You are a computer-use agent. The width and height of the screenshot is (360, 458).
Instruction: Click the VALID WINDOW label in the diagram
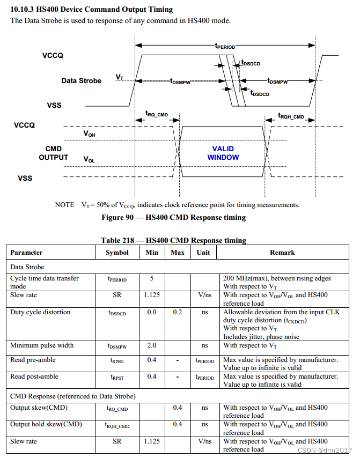click(223, 153)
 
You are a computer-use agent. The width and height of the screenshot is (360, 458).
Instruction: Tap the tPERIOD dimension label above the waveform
click(225, 47)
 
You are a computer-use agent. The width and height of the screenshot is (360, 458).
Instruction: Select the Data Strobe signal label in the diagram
click(81, 81)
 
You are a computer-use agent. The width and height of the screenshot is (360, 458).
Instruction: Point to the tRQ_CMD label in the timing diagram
click(157, 114)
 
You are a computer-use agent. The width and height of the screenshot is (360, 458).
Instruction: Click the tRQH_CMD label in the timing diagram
click(291, 116)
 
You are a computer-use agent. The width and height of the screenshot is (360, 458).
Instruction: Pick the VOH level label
click(89, 134)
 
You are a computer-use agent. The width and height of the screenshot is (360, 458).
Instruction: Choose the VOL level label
click(89, 159)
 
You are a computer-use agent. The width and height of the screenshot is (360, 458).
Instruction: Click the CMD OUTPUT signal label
click(53, 153)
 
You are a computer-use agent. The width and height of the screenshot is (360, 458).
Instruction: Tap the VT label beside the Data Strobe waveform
click(119, 78)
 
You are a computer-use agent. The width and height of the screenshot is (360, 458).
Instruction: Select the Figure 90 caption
click(173, 217)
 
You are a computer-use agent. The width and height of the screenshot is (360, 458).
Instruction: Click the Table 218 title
click(173, 240)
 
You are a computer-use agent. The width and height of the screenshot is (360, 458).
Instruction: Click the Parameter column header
click(26, 252)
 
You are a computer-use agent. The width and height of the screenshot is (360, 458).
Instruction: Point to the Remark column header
click(282, 252)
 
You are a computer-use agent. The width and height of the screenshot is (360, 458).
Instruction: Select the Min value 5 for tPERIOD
click(152, 278)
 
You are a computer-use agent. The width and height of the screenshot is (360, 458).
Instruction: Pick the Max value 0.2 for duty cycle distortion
click(178, 312)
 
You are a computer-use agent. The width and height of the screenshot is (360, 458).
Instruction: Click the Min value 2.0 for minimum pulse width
click(152, 345)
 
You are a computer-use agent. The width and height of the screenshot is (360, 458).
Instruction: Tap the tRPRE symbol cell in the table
click(116, 360)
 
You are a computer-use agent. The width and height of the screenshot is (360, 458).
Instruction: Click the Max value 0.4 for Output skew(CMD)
click(178, 408)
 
